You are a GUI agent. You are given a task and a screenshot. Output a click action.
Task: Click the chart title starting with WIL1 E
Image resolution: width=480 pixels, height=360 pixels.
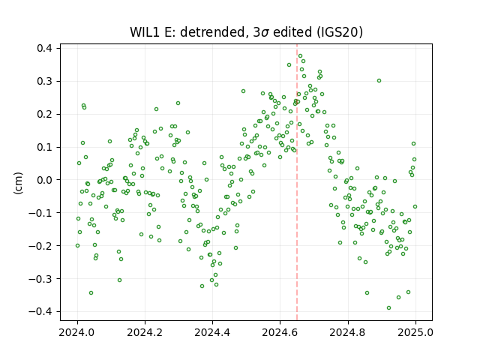246,32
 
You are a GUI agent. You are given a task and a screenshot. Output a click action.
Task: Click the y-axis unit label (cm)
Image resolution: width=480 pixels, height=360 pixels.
18,183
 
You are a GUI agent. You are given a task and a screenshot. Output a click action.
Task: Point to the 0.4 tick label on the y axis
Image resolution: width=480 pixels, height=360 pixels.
44,48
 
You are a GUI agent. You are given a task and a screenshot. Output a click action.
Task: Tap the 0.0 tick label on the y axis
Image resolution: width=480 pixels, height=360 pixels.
44,180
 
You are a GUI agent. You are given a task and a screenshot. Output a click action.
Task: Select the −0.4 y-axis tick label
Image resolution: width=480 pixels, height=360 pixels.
40,312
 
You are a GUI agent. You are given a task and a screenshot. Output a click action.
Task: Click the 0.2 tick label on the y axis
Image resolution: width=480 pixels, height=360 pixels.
44,114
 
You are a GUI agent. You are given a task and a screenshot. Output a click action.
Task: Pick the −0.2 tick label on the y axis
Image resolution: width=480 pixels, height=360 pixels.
40,246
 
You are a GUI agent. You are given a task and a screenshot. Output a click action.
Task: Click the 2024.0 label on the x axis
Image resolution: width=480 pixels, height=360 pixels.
77,332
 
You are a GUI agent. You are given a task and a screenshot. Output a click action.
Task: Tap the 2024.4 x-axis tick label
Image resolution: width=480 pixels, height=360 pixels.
212,332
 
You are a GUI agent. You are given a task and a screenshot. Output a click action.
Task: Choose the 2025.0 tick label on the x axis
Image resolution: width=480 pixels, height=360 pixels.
415,332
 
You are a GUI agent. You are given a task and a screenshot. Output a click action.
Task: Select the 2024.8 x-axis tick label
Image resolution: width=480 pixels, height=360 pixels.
348,332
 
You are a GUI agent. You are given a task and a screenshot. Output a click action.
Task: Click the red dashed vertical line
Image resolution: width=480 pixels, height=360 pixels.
297,182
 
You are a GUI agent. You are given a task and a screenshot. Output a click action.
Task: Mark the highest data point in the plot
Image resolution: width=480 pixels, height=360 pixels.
300,56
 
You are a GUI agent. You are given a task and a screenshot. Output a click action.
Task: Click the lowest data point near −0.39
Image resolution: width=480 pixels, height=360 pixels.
388,308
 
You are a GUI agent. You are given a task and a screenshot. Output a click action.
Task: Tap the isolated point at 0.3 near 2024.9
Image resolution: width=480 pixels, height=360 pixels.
379,81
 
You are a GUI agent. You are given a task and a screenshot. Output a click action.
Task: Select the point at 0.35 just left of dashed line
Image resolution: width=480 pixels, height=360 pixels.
289,65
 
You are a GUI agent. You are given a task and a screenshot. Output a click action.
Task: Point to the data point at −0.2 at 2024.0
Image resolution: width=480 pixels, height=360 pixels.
77,245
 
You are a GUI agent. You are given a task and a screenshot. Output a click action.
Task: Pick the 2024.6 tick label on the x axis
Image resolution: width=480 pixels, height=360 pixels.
280,332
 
